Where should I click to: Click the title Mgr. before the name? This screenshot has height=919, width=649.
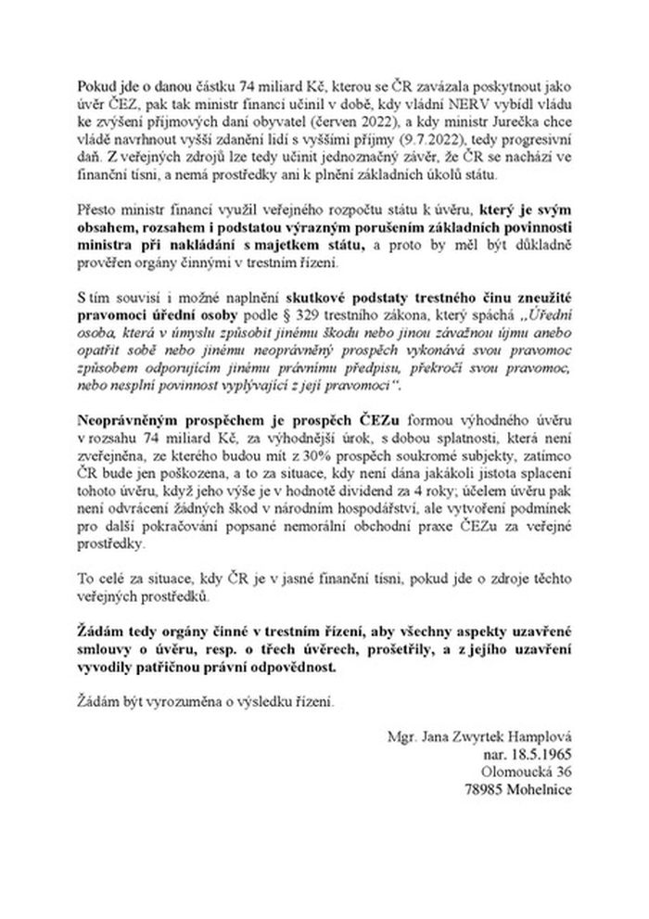click(x=404, y=738)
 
